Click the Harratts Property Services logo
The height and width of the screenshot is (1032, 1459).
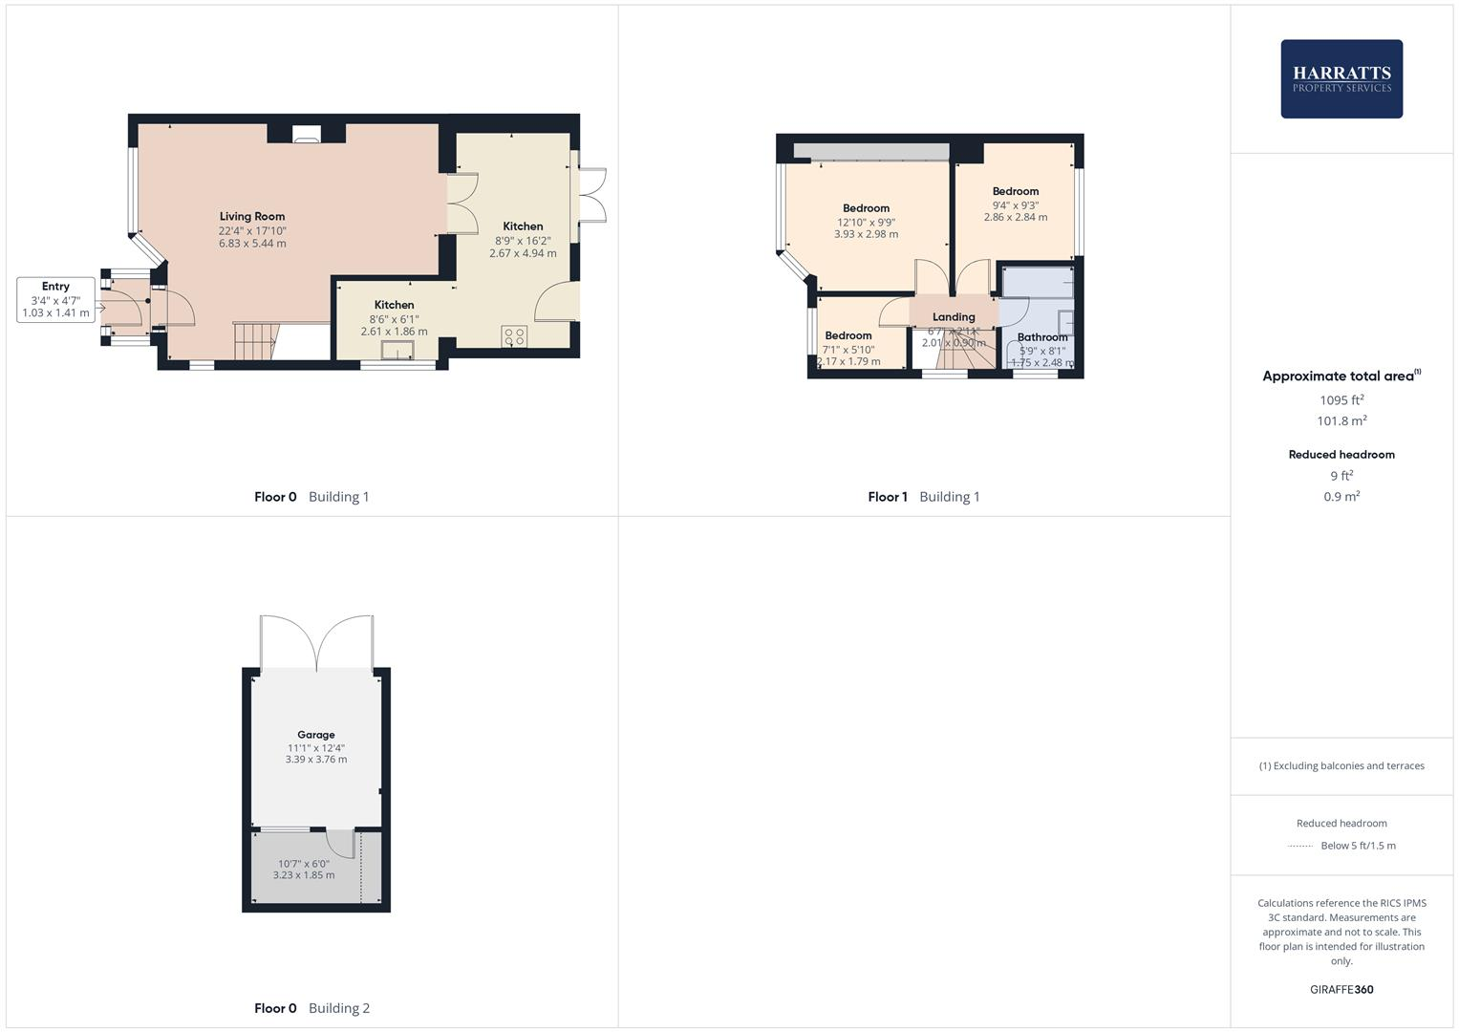(1341, 78)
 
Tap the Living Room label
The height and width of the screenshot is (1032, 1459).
(252, 217)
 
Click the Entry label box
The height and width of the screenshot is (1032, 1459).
(56, 299)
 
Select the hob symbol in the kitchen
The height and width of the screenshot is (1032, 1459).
(514, 336)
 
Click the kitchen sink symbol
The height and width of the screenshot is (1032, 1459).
(397, 350)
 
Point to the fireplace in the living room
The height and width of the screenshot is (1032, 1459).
(307, 135)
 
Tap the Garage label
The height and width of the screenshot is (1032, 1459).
(315, 735)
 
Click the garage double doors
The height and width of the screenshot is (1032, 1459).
(316, 642)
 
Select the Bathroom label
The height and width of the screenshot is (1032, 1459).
(1042, 337)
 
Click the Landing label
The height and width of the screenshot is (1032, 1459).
(954, 317)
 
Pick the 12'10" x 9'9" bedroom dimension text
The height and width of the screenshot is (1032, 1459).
(866, 222)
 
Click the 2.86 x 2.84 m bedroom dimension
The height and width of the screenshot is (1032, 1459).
(1016, 217)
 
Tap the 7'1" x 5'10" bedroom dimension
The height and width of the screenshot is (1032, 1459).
(848, 350)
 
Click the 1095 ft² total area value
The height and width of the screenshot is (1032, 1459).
(1341, 400)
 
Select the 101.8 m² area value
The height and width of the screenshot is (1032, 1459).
(1341, 421)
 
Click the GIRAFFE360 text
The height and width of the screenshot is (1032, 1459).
(1341, 989)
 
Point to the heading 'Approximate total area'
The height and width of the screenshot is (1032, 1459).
(1339, 376)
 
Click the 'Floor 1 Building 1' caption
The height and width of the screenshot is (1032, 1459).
(923, 497)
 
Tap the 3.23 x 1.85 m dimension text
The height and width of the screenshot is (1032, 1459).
(304, 875)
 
